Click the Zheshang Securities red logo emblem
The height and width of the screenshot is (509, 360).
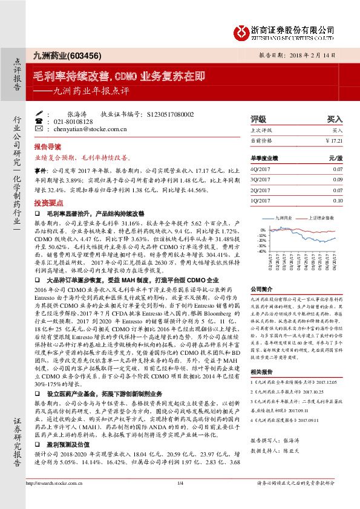(242, 30)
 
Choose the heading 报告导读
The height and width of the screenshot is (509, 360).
(48, 147)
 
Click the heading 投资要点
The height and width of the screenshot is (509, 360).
(48, 203)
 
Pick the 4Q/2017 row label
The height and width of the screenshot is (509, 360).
(261, 170)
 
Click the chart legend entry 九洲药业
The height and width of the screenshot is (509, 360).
(284, 216)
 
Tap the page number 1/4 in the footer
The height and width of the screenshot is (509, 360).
(180, 500)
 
